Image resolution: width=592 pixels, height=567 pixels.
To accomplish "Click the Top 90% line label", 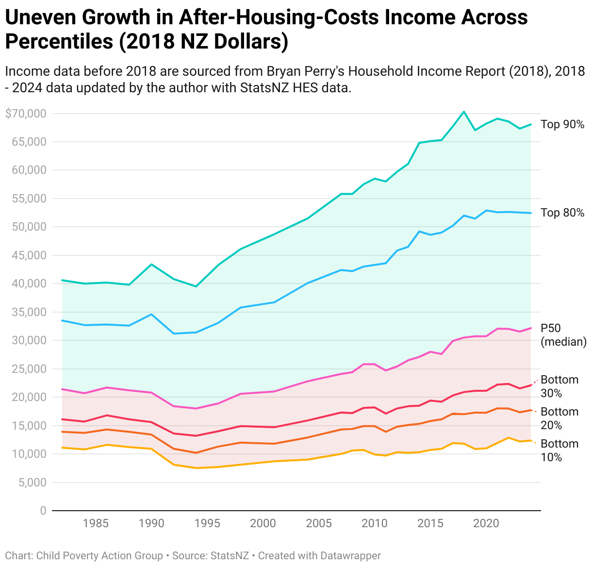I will click(562, 125).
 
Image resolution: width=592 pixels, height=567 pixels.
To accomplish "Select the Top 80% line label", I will click(562, 213).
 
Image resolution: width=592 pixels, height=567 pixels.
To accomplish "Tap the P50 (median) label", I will click(563, 335).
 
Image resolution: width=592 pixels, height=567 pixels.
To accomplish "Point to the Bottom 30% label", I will click(559, 386).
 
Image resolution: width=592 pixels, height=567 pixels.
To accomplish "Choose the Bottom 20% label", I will click(559, 418).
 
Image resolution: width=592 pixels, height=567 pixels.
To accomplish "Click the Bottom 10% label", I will click(559, 450).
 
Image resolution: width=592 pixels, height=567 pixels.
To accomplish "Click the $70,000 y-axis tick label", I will click(26, 114).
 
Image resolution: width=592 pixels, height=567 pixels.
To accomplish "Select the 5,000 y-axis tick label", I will click(32, 483).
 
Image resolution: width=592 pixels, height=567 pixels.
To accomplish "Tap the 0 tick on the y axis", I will click(43, 511).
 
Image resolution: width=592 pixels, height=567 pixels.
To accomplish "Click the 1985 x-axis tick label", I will click(95, 523).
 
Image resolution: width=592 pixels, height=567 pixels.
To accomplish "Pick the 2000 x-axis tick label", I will click(263, 523).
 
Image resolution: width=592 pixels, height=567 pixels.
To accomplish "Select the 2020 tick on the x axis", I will click(486, 523).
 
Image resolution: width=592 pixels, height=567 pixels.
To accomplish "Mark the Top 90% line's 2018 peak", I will click(464, 112).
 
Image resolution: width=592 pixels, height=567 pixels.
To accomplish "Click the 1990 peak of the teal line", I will click(151, 264).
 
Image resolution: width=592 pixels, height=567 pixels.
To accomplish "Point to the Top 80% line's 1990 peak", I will click(151, 315).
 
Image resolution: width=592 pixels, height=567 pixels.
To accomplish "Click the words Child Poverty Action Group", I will click(99, 556).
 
